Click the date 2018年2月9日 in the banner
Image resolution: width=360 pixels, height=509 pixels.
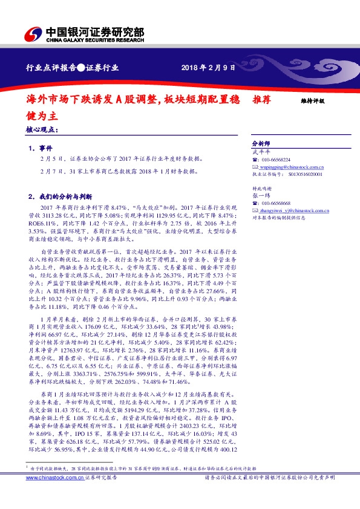click(x=208, y=68)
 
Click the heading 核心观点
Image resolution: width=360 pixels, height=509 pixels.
click(x=42, y=129)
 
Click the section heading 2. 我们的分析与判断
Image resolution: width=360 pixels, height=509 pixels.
click(x=60, y=196)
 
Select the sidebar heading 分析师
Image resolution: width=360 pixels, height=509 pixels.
click(x=261, y=144)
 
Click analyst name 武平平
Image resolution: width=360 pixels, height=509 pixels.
click(x=260, y=152)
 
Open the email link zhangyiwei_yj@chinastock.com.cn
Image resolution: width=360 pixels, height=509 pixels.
click(x=291, y=210)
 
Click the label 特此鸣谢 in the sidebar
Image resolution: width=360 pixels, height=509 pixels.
click(x=261, y=189)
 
